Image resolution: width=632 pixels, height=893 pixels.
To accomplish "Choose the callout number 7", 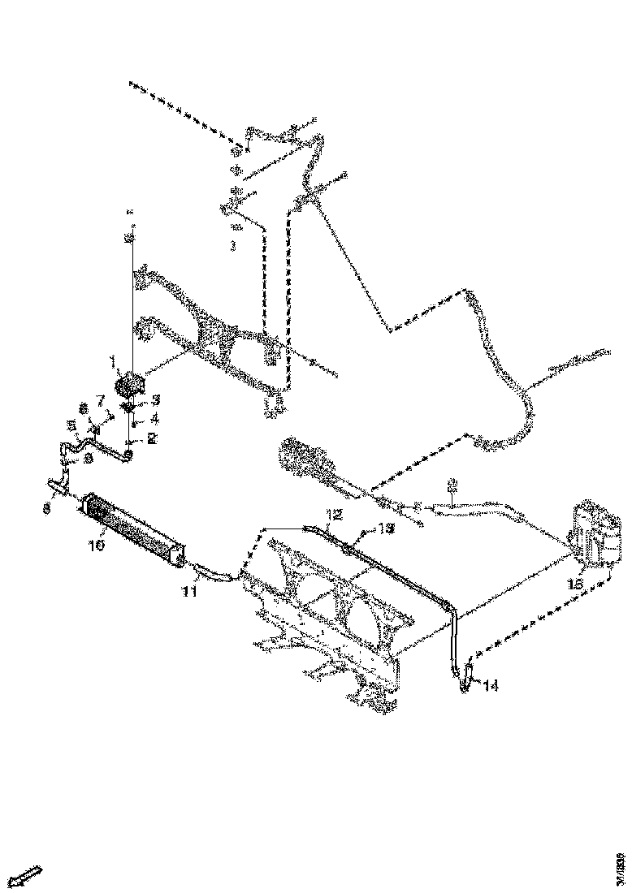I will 101,399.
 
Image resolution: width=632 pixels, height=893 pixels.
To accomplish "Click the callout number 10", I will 97,547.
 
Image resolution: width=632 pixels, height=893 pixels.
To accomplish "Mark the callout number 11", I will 189,592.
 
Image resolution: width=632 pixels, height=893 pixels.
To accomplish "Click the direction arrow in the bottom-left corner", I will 27,877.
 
